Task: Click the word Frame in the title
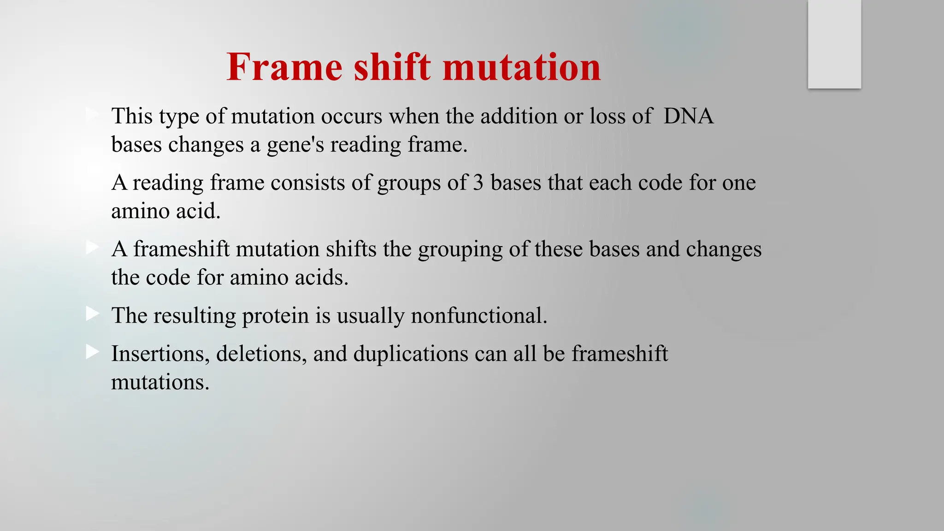pyautogui.click(x=284, y=67)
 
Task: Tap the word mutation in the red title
pyautogui.click(x=522, y=67)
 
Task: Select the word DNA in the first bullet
pyautogui.click(x=688, y=116)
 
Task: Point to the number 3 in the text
pyautogui.click(x=478, y=183)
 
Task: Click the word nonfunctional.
pyautogui.click(x=479, y=316)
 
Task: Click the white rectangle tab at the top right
pyautogui.click(x=834, y=44)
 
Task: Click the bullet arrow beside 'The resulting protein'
pyautogui.click(x=92, y=314)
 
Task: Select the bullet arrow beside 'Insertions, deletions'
pyautogui.click(x=92, y=353)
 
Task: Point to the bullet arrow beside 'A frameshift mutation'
pyautogui.click(x=92, y=248)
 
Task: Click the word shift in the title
pyautogui.click(x=392, y=67)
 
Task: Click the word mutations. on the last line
pyautogui.click(x=160, y=382)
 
